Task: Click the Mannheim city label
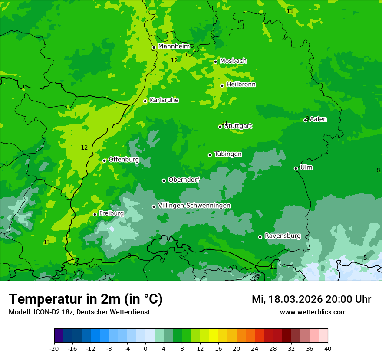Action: [x=174, y=46]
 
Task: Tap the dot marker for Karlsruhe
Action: [x=145, y=101]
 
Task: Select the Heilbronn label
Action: [x=241, y=85]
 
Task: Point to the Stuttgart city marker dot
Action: [x=221, y=127]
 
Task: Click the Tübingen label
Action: [x=228, y=154]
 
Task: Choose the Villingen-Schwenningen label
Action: [x=194, y=206]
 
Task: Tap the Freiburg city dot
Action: [x=95, y=214]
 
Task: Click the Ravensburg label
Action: [x=283, y=236]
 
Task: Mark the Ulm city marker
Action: [x=296, y=168]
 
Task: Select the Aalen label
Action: [x=318, y=119]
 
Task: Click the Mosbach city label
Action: [x=233, y=61]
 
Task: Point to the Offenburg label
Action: [x=124, y=160]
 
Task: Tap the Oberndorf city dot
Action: [x=164, y=180]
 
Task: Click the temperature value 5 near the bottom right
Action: [x=365, y=258]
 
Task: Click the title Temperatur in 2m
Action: [x=86, y=299]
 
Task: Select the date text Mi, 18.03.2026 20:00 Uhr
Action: [x=311, y=299]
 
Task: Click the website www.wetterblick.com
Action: [x=313, y=312]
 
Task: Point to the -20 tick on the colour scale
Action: [x=54, y=348]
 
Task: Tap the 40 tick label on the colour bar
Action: [x=328, y=348]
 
